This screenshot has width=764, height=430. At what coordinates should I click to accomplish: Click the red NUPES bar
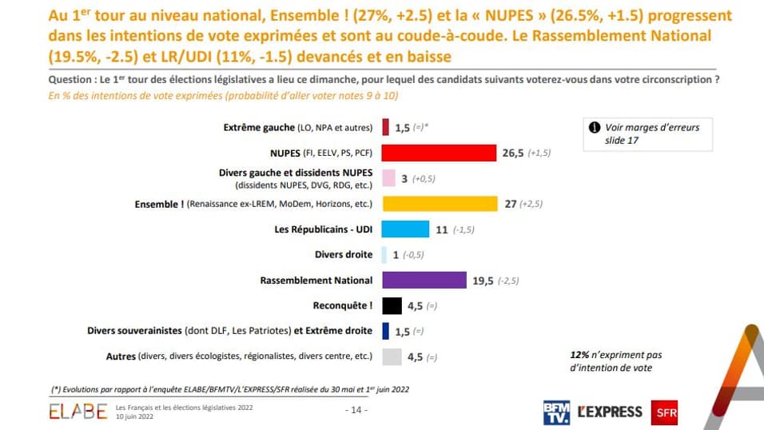point(440,153)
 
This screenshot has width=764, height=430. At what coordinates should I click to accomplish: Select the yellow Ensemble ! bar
point(440,204)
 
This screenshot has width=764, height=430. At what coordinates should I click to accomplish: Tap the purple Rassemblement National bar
point(424,280)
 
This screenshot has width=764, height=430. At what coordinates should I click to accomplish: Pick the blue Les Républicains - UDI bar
point(406,229)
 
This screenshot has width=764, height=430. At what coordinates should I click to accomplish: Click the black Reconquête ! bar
point(392,305)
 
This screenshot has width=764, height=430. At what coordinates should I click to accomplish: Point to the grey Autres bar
point(392,356)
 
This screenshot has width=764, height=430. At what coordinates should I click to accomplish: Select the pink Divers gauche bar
point(388,178)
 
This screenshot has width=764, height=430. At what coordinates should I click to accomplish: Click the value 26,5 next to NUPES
point(513,153)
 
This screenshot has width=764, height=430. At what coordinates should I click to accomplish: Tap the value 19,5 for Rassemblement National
point(483,281)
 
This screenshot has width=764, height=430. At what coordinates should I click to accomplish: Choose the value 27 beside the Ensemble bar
point(511,205)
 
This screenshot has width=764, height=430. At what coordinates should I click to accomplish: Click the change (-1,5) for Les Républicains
point(464,230)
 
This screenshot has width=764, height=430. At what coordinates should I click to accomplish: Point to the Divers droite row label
point(344,255)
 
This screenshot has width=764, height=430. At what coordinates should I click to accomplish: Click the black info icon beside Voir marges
point(595,127)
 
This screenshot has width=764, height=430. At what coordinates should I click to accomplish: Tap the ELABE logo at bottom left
point(78,412)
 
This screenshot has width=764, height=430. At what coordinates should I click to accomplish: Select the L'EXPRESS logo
point(610,412)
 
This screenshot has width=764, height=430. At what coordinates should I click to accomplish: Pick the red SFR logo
point(665,412)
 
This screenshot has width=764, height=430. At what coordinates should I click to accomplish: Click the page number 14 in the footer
point(356,410)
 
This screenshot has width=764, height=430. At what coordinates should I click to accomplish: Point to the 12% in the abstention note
point(579,355)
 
